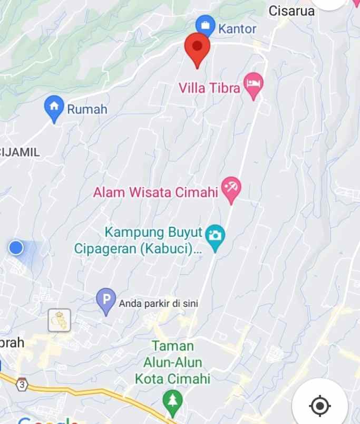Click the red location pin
pyautogui.click(x=197, y=48)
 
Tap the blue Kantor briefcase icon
pyautogui.click(x=205, y=25)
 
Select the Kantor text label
pyautogui.click(x=237, y=28)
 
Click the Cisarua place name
pyautogui.click(x=291, y=11)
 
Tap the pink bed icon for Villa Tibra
pyautogui.click(x=254, y=85)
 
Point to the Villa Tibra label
pyautogui.click(x=209, y=88)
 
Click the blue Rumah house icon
pyautogui.click(x=54, y=107)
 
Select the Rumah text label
pyautogui.click(x=87, y=109)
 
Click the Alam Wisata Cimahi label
pyautogui.click(x=155, y=192)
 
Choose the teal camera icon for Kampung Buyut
pyautogui.click(x=215, y=235)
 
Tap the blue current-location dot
pyautogui.click(x=16, y=247)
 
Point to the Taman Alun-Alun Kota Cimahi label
pyautogui.click(x=172, y=362)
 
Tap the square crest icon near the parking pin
pyautogui.click(x=59, y=320)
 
